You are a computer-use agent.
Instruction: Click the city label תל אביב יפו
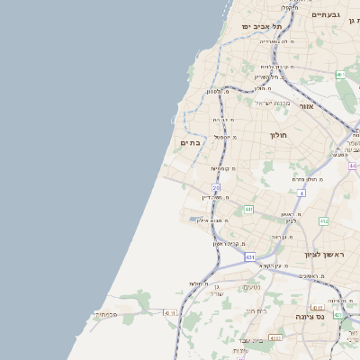(x=261, y=26)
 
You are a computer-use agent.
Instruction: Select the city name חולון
(x=277, y=135)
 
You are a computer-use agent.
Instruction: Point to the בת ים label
(x=189, y=142)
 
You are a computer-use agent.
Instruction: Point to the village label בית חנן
(x=256, y=310)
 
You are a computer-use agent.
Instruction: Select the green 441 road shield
(x=248, y=209)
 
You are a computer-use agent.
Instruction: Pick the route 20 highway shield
(x=216, y=188)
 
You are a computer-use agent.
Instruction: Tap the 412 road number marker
(x=323, y=220)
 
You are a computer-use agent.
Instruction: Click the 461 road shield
(x=341, y=76)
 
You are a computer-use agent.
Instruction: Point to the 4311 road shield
(x=170, y=313)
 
